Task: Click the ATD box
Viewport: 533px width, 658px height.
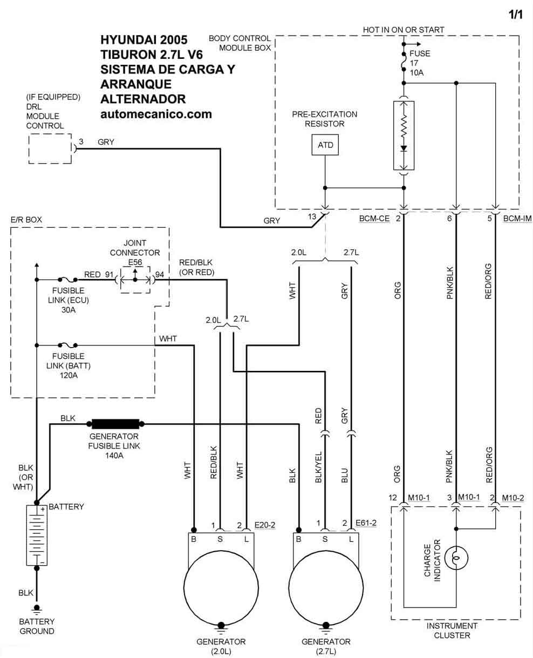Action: click(325, 145)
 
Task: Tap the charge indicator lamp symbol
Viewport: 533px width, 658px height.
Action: click(456, 558)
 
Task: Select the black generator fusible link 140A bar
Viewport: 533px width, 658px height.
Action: click(115, 424)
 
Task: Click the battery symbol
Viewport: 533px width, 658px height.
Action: click(37, 535)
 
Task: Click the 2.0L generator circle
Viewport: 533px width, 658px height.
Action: click(221, 588)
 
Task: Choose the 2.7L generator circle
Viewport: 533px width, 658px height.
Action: click(326, 588)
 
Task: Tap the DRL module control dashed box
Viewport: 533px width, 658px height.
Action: click(50, 148)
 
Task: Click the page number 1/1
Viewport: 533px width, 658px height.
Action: click(515, 15)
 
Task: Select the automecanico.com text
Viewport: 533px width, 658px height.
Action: click(156, 114)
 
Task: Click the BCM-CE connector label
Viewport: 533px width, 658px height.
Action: click(374, 219)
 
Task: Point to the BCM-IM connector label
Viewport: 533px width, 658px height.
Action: click(517, 219)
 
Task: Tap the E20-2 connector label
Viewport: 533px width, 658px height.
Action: click(264, 525)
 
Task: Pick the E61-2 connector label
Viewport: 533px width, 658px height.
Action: click(366, 523)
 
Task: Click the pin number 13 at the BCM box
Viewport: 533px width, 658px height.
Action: click(312, 216)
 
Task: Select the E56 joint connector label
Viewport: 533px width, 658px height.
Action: click(135, 262)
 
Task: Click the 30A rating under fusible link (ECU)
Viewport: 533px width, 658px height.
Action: click(68, 310)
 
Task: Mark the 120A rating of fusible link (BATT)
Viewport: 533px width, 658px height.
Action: click(69, 375)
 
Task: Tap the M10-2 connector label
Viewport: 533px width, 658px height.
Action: click(513, 498)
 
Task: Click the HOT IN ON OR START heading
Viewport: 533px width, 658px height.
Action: click(404, 30)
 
